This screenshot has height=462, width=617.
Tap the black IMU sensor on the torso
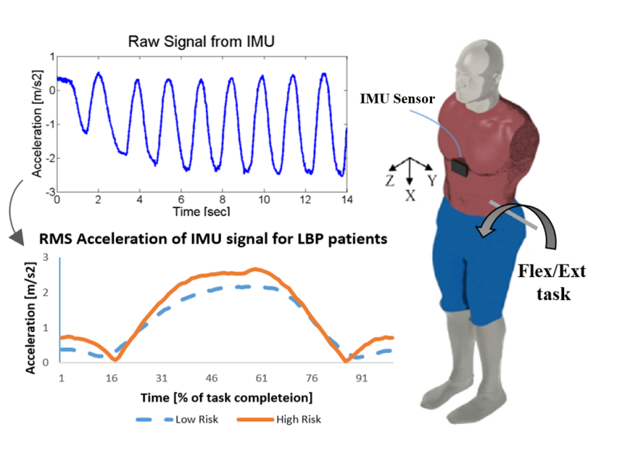coord(461,167)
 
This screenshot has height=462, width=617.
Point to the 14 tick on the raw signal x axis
coord(346,200)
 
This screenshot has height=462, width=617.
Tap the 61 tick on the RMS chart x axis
coord(260,378)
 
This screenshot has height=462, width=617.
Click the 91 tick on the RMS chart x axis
coord(362,378)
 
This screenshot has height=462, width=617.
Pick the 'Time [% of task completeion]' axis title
coord(227,398)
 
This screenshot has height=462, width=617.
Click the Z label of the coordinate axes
coord(388,181)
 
